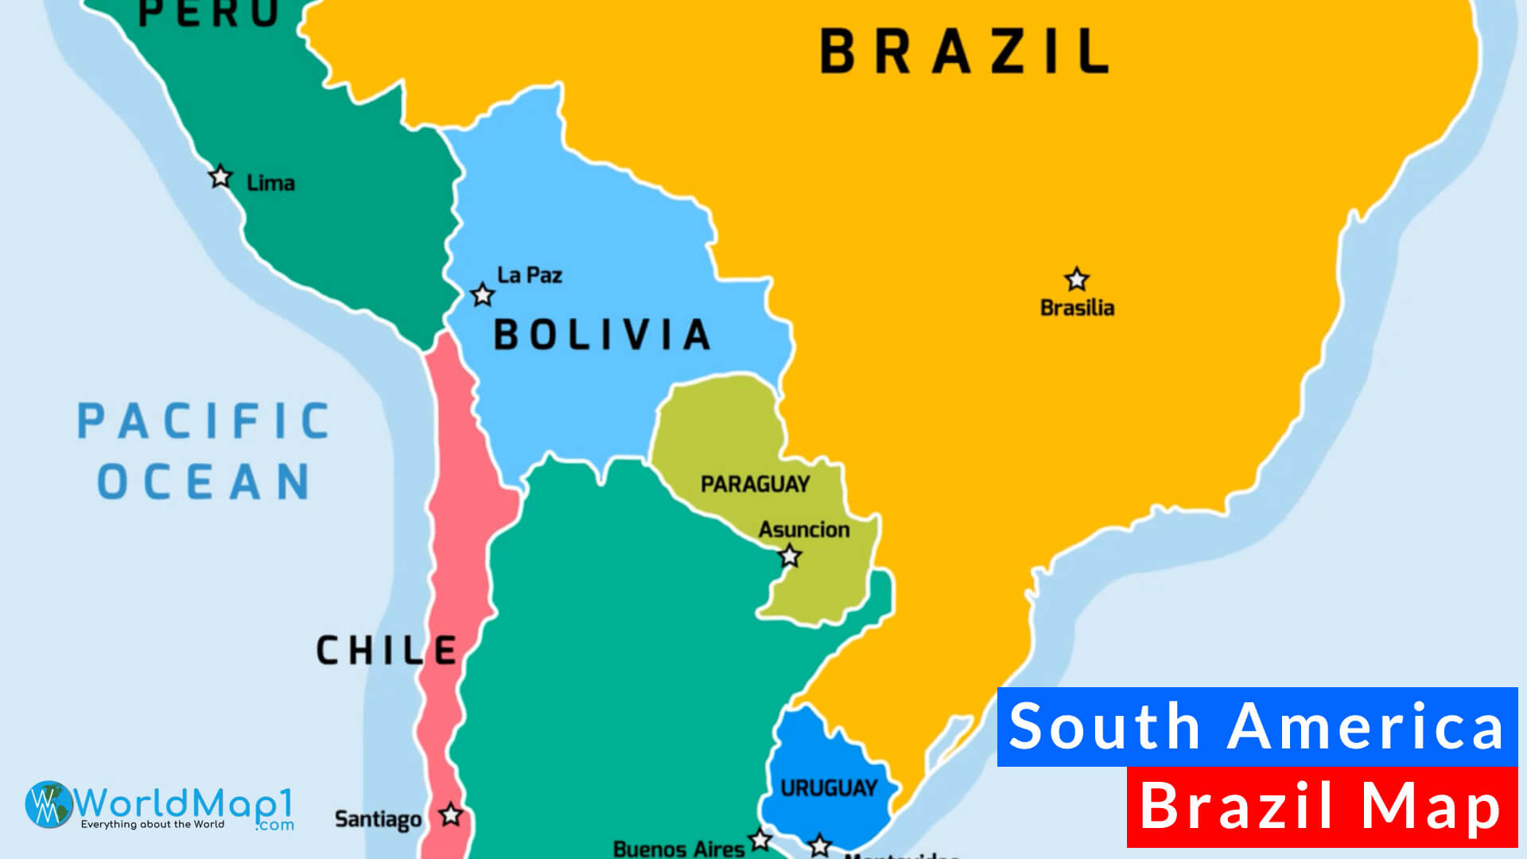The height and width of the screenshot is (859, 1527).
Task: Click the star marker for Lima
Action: (220, 177)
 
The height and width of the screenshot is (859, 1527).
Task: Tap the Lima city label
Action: (270, 184)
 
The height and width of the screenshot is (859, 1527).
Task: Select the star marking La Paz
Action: (482, 295)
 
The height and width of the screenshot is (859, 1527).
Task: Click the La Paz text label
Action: (530, 275)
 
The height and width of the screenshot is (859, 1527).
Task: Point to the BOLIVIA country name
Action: (601, 335)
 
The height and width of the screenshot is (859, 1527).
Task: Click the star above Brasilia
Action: (1077, 280)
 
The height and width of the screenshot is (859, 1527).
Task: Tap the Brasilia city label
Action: (1077, 308)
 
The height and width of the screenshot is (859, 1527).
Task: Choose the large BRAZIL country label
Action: (964, 52)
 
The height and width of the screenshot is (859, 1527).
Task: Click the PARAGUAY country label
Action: (755, 484)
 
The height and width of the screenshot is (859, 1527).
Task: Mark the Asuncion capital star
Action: (790, 556)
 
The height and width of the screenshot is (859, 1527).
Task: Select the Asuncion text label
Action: (803, 530)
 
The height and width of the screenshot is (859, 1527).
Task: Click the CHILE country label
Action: (387, 651)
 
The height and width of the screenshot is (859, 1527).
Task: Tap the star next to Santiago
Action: (451, 815)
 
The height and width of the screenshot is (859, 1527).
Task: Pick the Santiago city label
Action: (378, 819)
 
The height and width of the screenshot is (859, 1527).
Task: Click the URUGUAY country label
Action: (829, 788)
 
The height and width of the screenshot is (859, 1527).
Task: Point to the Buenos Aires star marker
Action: (760, 839)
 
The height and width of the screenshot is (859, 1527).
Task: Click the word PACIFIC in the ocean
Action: (204, 422)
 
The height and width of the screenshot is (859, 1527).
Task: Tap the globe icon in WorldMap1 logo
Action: (49, 804)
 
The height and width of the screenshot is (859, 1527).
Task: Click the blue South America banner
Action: (1257, 727)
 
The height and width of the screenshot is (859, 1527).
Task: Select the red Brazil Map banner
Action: (1322, 807)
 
